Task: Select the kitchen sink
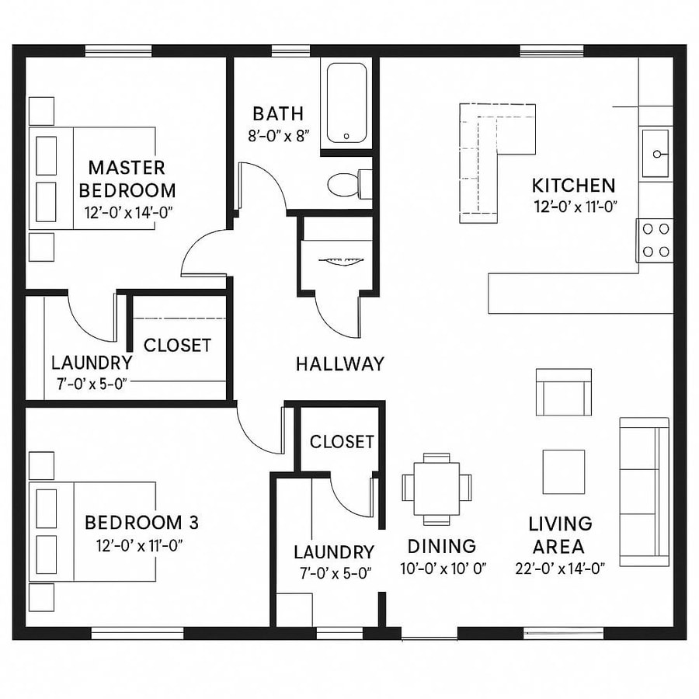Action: [x=656, y=154]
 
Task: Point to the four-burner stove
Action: [x=656, y=240]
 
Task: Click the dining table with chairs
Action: [x=436, y=487]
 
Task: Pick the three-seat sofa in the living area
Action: [x=644, y=490]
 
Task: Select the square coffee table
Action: [x=564, y=471]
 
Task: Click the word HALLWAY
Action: [x=340, y=363]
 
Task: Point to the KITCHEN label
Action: [x=573, y=186]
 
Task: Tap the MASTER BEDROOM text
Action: [x=127, y=179]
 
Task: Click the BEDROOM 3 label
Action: [x=136, y=522]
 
